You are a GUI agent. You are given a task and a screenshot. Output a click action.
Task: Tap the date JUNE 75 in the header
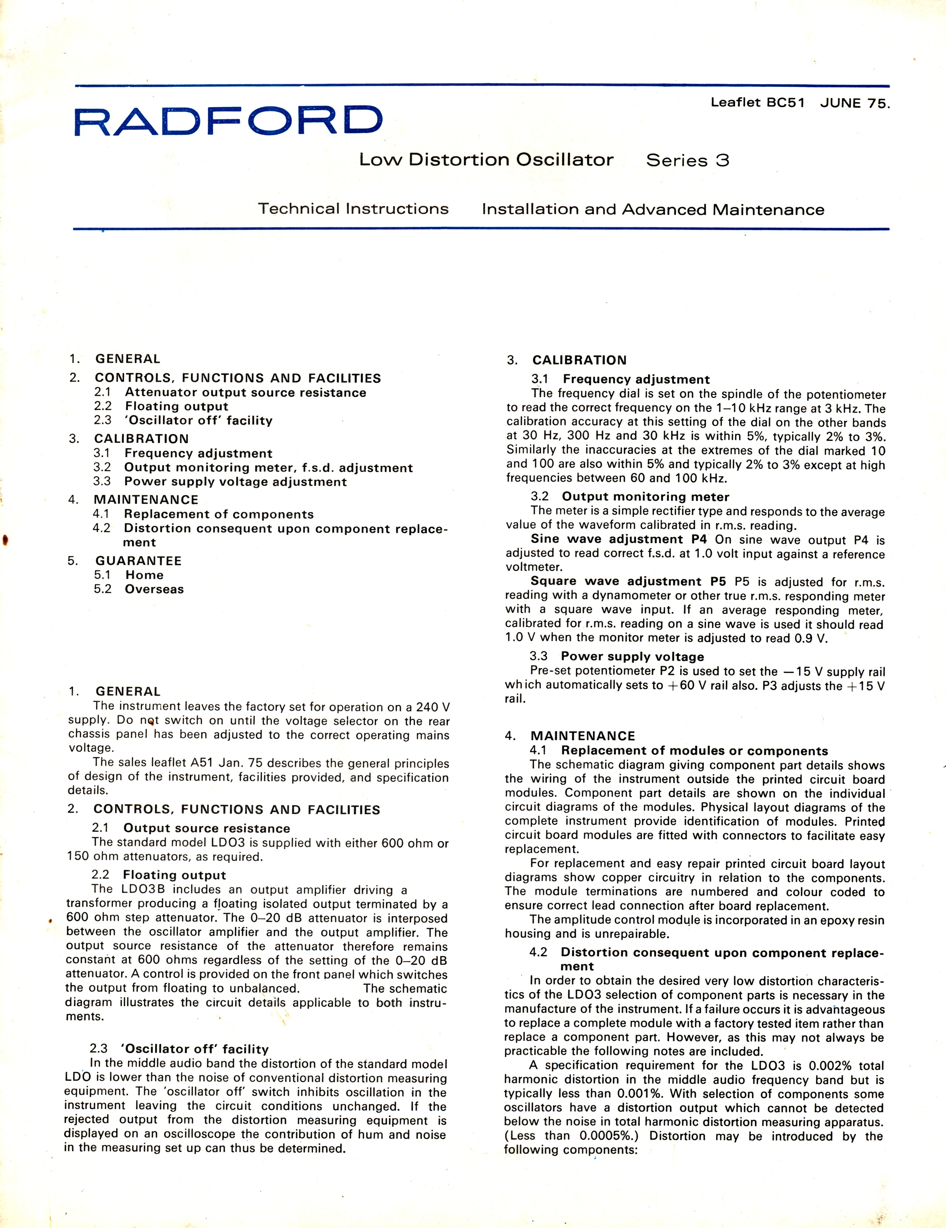854,103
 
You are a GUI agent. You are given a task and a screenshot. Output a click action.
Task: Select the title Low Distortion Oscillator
486,160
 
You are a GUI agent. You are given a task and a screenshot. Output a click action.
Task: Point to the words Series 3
688,161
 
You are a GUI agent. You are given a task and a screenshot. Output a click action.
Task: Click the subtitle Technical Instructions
353,209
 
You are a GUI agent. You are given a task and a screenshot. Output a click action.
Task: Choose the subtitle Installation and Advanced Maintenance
652,210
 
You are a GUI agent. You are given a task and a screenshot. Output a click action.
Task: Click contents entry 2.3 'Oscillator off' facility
183,421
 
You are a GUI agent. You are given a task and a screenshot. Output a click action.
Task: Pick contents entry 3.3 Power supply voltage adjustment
220,482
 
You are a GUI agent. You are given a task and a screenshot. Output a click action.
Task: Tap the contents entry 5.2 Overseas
139,589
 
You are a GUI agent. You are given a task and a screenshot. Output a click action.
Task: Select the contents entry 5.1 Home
129,575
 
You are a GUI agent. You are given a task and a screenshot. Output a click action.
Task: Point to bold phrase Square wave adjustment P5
628,581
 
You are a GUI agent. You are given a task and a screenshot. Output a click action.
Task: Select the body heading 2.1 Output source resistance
191,828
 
